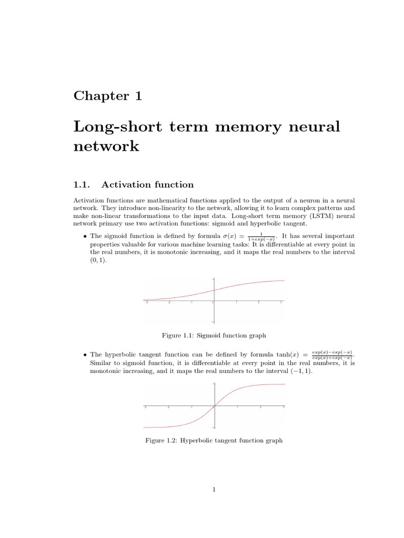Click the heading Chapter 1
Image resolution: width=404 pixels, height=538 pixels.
107,96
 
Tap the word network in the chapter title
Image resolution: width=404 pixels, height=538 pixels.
106,146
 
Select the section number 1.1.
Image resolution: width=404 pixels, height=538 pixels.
83,184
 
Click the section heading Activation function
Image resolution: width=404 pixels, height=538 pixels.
147,184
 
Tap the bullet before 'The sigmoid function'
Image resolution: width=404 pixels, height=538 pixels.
85,236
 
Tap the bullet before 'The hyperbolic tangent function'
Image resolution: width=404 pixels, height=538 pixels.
85,355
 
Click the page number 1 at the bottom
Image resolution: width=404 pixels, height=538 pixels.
214,490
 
